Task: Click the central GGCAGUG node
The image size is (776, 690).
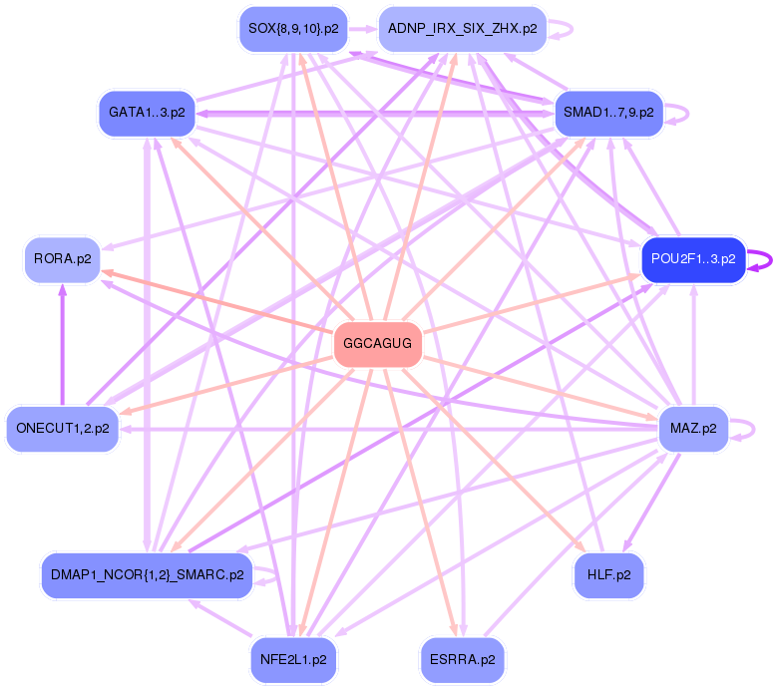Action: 377,344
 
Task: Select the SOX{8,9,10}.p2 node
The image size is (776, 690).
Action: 292,28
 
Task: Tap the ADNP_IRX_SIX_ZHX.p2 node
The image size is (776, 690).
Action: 462,28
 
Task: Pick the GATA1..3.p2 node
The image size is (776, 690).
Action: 147,113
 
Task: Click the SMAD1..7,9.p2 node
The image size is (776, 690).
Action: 608,113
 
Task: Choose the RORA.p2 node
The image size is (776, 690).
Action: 62,259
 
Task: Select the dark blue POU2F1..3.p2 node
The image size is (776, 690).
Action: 693,259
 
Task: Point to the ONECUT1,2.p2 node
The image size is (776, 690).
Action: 62,429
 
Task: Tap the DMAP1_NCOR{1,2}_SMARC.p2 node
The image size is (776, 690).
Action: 147,575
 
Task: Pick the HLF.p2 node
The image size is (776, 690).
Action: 608,575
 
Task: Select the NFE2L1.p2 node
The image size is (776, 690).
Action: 292,660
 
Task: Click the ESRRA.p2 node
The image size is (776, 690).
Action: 462,660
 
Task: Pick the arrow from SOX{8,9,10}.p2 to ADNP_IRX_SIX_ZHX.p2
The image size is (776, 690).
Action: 362,28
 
